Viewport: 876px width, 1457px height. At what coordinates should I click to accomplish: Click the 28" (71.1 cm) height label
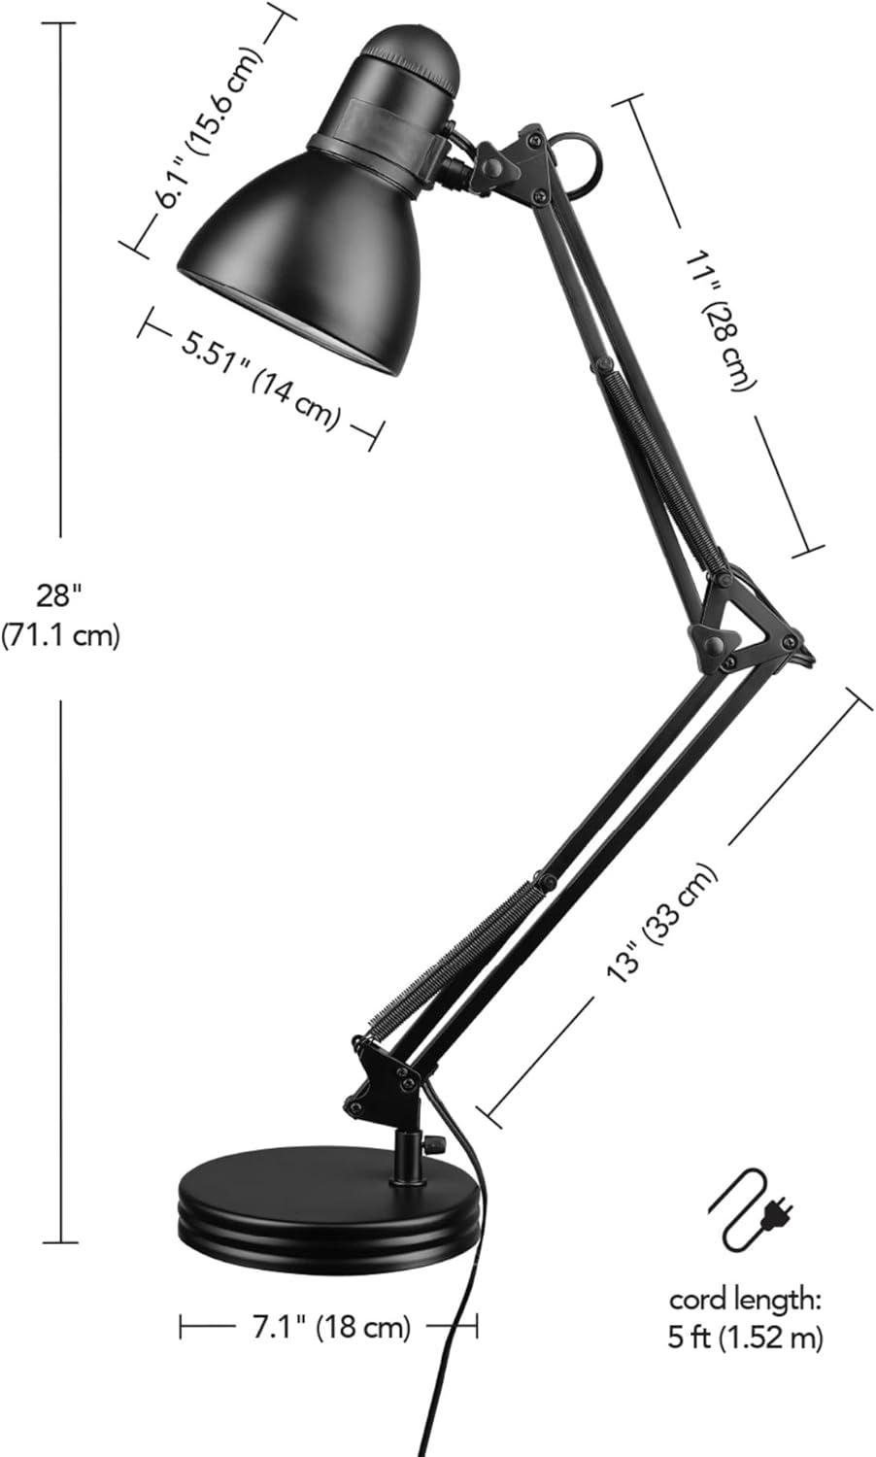coord(60,615)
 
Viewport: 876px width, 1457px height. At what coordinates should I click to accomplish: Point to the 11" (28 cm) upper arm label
coord(722,320)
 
